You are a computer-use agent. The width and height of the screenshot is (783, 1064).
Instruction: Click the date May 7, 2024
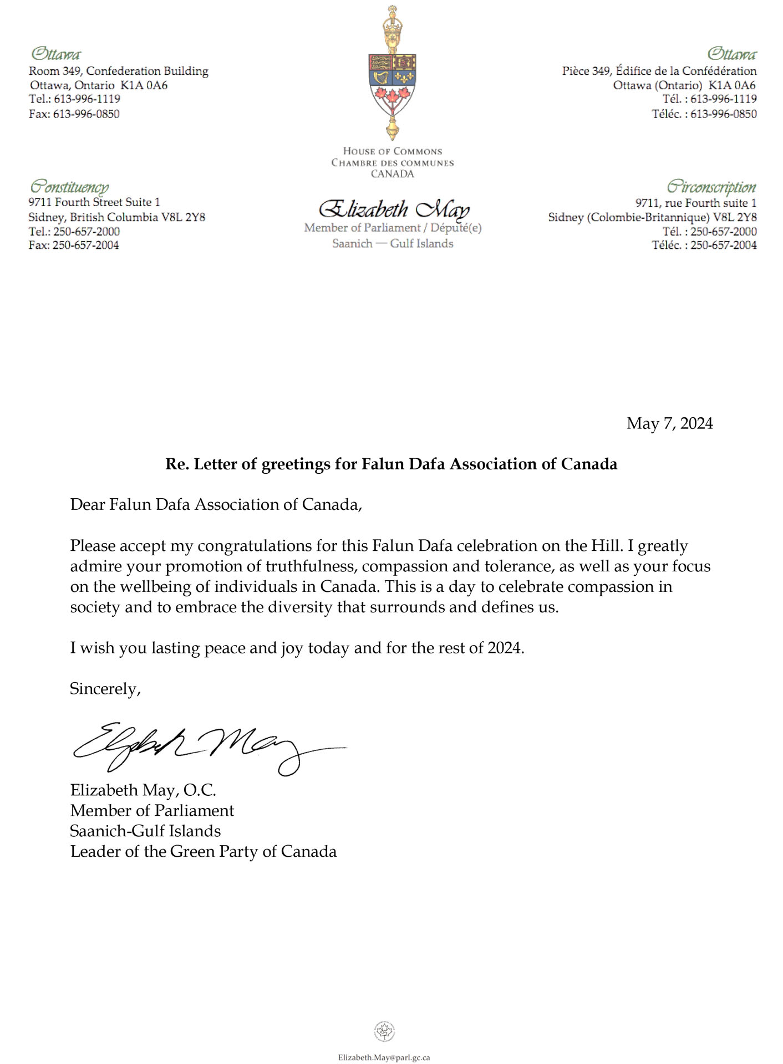[669, 423]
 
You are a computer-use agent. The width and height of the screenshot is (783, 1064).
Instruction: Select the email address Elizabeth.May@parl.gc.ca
[384, 1057]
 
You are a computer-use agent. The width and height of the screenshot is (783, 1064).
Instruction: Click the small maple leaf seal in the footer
[384, 1031]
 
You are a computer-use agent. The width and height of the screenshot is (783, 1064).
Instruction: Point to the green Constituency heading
[69, 186]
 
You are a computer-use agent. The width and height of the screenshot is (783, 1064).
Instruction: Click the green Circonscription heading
[711, 186]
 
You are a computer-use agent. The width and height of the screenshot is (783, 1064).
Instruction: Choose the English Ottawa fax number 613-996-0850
[86, 114]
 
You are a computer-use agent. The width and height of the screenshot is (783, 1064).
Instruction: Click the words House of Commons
[392, 151]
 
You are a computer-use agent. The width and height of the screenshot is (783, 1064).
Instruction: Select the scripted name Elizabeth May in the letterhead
[394, 209]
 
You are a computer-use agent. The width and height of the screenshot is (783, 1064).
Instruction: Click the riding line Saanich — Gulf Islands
[393, 243]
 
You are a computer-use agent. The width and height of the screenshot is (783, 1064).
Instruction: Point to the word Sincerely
[105, 689]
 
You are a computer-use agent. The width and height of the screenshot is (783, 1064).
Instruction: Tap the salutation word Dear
[87, 504]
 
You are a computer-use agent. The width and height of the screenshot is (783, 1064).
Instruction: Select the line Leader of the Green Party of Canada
[203, 851]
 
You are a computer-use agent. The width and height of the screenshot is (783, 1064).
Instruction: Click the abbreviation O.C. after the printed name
[200, 790]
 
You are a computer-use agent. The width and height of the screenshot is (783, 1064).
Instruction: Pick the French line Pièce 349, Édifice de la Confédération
[659, 71]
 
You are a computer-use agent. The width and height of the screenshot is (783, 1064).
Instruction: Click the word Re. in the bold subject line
[177, 464]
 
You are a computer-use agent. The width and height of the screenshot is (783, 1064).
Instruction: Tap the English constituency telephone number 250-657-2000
[86, 232]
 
